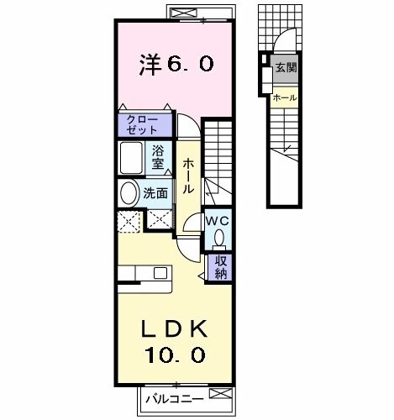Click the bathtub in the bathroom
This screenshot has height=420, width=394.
point(133,157)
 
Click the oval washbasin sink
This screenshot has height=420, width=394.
point(129,194)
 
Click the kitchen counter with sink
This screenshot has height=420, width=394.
point(144,273)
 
